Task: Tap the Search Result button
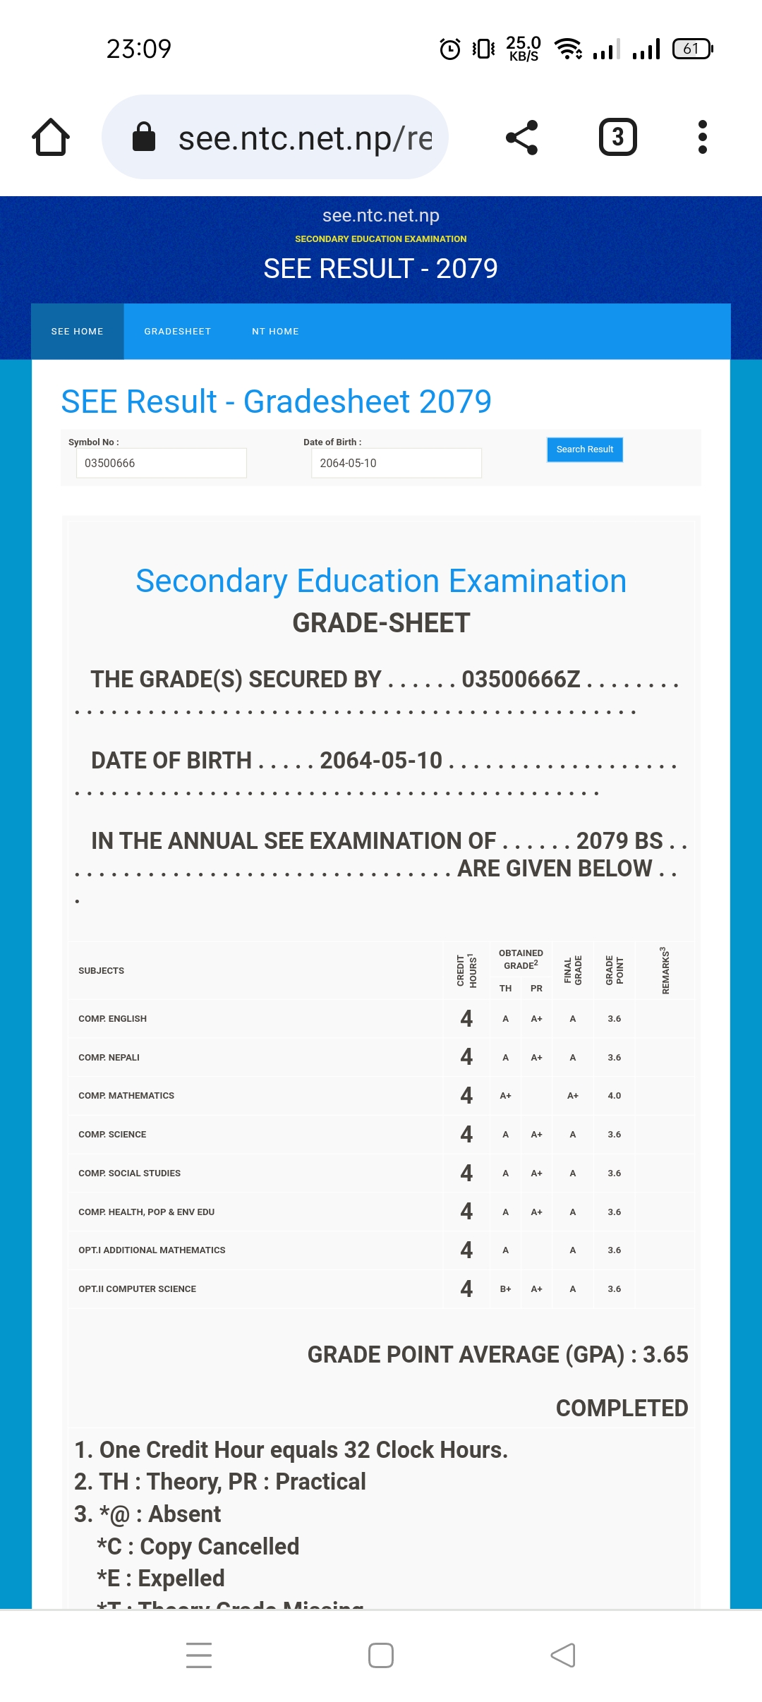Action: (x=584, y=449)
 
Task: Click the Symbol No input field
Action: (x=161, y=463)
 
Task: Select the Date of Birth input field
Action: (x=396, y=463)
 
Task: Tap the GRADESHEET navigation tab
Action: (x=177, y=332)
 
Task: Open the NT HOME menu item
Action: (x=275, y=332)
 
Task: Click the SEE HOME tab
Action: (x=78, y=332)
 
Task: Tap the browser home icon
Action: (x=51, y=137)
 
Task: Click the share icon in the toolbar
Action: (x=522, y=137)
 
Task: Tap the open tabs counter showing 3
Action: (x=617, y=137)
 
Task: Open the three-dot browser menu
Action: (x=702, y=137)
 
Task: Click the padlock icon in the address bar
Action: (x=144, y=137)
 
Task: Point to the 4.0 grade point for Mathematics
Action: (x=614, y=1096)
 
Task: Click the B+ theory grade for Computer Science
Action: (x=505, y=1289)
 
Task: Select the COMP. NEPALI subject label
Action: (x=109, y=1057)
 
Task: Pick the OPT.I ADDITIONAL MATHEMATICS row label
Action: (x=152, y=1250)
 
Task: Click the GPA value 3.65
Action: (x=665, y=1355)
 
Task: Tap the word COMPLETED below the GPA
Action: (x=622, y=1408)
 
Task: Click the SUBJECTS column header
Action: (x=101, y=971)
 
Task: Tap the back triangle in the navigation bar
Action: (x=563, y=1655)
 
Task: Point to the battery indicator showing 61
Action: (x=692, y=49)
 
